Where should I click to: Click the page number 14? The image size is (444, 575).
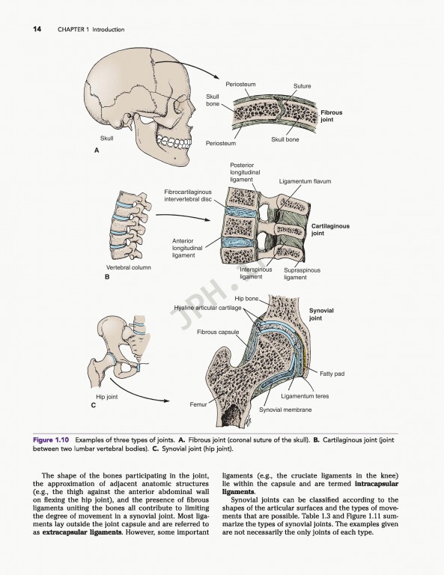point(37,29)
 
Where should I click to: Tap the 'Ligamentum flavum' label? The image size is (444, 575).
point(305,181)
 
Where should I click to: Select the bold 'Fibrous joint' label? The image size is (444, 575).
point(332,116)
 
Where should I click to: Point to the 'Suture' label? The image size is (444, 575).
point(302,86)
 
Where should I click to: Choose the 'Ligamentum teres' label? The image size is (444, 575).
point(305,396)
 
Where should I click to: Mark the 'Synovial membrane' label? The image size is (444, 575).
point(285,410)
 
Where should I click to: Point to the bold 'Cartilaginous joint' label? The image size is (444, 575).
point(330,229)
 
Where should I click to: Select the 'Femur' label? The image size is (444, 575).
point(198,404)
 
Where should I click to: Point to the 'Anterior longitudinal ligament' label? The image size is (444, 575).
point(183,248)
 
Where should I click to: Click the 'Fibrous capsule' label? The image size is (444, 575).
point(218,331)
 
